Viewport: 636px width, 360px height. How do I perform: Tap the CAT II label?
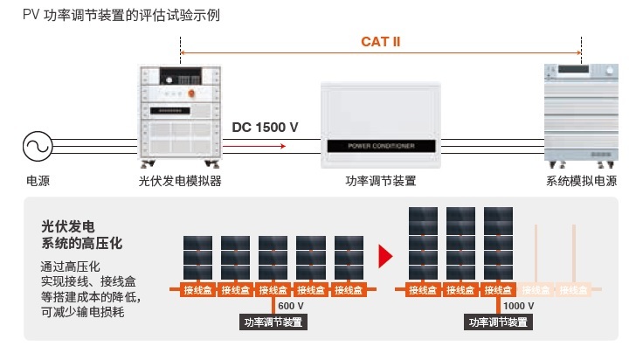pos(380,41)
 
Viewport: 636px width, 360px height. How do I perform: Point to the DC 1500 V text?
pos(265,128)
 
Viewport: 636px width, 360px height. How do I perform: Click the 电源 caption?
pos(38,182)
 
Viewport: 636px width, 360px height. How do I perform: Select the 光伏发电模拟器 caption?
pos(180,182)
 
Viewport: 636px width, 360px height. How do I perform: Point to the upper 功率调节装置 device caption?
pos(381,182)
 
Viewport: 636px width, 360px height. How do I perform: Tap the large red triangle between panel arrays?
pos(385,255)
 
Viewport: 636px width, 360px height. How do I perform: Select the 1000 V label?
pos(518,306)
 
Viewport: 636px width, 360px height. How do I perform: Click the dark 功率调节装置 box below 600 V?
pos(273,322)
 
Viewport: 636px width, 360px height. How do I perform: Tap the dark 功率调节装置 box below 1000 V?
pos(498,322)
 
